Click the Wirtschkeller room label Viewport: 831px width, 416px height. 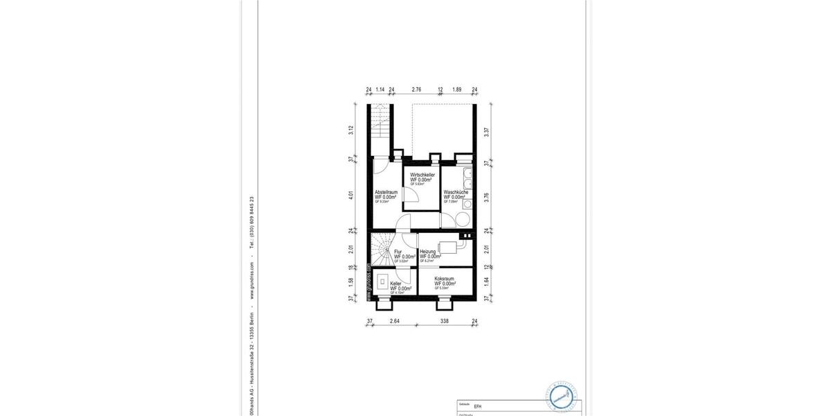pyautogui.click(x=422, y=175)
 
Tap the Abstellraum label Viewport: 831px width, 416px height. pyautogui.click(x=386, y=192)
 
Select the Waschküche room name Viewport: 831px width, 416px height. pyautogui.click(x=456, y=192)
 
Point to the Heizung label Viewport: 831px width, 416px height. pyautogui.click(x=428, y=252)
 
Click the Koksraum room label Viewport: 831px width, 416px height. pyautogui.click(x=445, y=279)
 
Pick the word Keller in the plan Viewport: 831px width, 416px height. pyautogui.click(x=396, y=284)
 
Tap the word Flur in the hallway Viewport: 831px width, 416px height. pyautogui.click(x=398, y=252)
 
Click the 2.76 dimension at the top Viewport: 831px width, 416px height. pyautogui.click(x=416, y=89)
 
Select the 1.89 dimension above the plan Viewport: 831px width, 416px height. pyautogui.click(x=457, y=89)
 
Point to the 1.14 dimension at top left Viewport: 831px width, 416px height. pyautogui.click(x=380, y=89)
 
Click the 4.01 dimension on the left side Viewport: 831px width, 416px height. pyautogui.click(x=352, y=196)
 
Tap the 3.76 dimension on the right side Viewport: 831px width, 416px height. pyautogui.click(x=488, y=196)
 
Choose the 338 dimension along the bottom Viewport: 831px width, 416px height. pyautogui.click(x=445, y=321)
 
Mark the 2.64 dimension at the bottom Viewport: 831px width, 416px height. pyautogui.click(x=395, y=321)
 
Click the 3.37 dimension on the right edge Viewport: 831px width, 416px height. pyautogui.click(x=488, y=132)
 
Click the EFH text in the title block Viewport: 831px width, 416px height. pyautogui.click(x=478, y=407)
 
